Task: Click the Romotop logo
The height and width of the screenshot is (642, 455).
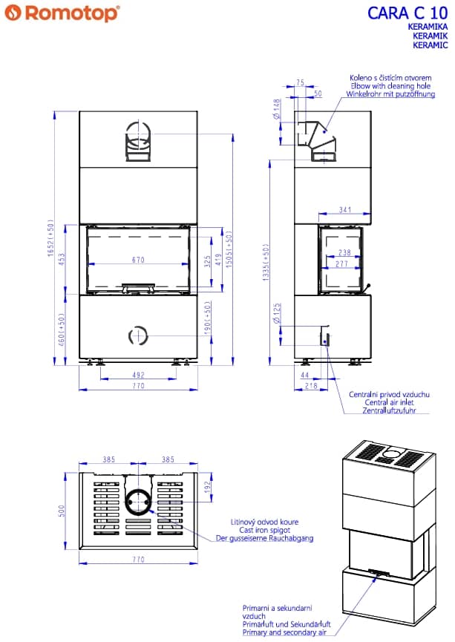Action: [62, 13]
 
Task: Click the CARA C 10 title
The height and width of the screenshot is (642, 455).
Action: [407, 13]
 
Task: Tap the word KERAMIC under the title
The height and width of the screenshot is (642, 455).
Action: [430, 45]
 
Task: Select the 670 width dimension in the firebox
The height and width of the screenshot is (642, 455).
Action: [138, 260]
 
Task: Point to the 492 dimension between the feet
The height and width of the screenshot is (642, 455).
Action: [138, 375]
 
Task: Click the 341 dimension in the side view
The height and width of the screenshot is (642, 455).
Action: [345, 209]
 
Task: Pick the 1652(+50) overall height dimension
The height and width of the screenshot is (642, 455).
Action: [50, 238]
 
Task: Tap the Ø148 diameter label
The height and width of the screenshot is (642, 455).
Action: [278, 109]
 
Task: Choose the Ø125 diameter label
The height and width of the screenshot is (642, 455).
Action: [278, 313]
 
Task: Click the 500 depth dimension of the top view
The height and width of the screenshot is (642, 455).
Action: [62, 511]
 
